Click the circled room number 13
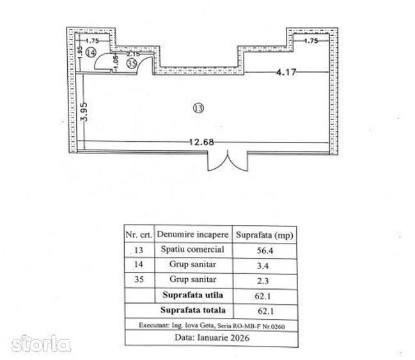click(198, 108)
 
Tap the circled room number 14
click(91, 52)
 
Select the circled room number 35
click(132, 63)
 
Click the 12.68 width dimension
click(201, 142)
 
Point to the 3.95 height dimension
click(84, 112)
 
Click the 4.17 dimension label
click(286, 72)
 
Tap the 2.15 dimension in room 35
click(133, 54)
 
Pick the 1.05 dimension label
click(115, 63)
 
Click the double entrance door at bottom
click(228, 160)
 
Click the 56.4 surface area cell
click(265, 251)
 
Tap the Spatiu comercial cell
click(192, 249)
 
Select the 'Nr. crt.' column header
click(139, 235)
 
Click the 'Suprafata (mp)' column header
click(264, 235)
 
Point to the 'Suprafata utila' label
click(192, 295)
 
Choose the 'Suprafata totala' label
click(192, 310)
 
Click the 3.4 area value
click(263, 265)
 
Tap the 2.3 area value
click(263, 281)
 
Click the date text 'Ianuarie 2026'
click(223, 338)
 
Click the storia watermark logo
click(41, 343)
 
